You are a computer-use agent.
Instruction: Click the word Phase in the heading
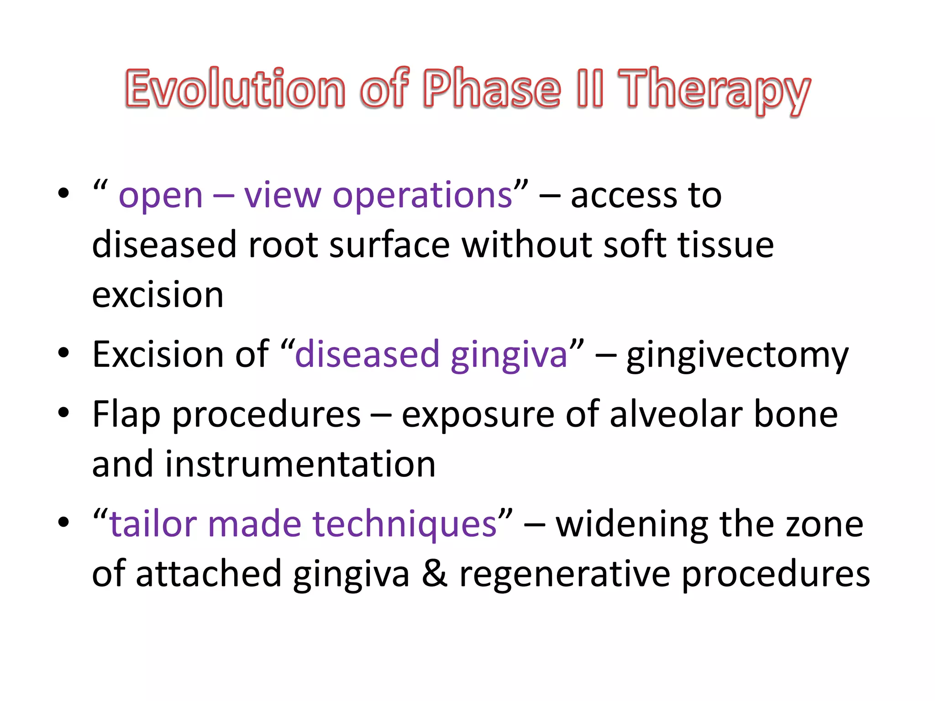click(x=492, y=89)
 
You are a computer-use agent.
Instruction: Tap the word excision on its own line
click(x=158, y=295)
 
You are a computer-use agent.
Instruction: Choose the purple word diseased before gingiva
click(x=367, y=355)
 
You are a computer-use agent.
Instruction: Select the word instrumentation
click(x=300, y=465)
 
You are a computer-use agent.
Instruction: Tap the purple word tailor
click(x=153, y=524)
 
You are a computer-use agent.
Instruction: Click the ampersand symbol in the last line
click(x=434, y=574)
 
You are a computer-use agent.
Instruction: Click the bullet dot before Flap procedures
click(x=63, y=413)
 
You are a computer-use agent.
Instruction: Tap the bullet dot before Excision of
click(x=63, y=353)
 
